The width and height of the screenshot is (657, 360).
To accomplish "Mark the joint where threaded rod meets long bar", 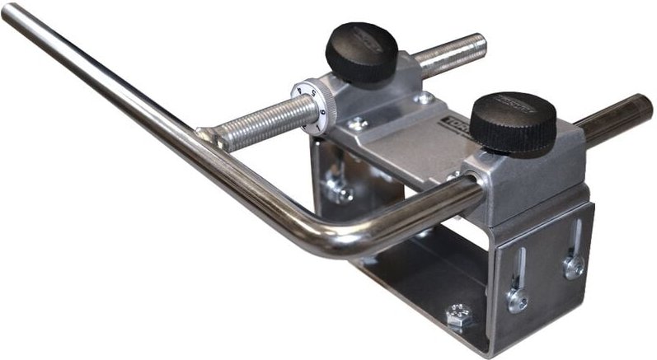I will [209, 137].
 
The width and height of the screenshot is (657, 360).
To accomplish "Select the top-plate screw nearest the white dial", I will [359, 124].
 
